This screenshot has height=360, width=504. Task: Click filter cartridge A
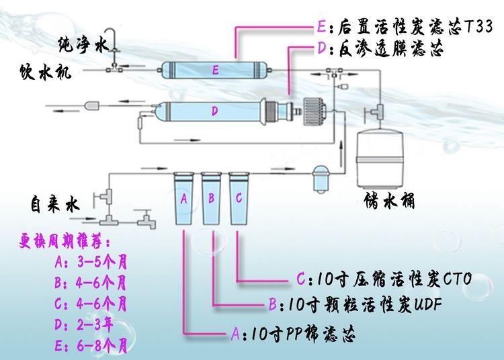(x=184, y=198)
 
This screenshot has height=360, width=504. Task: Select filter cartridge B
(x=211, y=198)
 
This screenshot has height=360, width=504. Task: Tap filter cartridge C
(x=239, y=198)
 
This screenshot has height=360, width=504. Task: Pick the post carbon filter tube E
(x=215, y=70)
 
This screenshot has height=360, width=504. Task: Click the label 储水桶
(x=390, y=201)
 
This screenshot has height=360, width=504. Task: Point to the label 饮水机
(x=45, y=72)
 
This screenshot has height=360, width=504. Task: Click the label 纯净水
(x=83, y=44)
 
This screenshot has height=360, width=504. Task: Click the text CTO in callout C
(x=458, y=279)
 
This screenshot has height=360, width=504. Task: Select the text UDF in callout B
(x=427, y=304)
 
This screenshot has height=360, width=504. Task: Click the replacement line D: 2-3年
(x=83, y=325)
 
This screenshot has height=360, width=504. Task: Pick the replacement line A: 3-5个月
(x=91, y=262)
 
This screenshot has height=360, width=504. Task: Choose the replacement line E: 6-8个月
(x=91, y=346)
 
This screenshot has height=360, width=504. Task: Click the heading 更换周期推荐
(x=65, y=241)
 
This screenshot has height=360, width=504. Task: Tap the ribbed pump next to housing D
(x=314, y=111)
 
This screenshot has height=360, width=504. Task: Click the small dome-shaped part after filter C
(x=321, y=179)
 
